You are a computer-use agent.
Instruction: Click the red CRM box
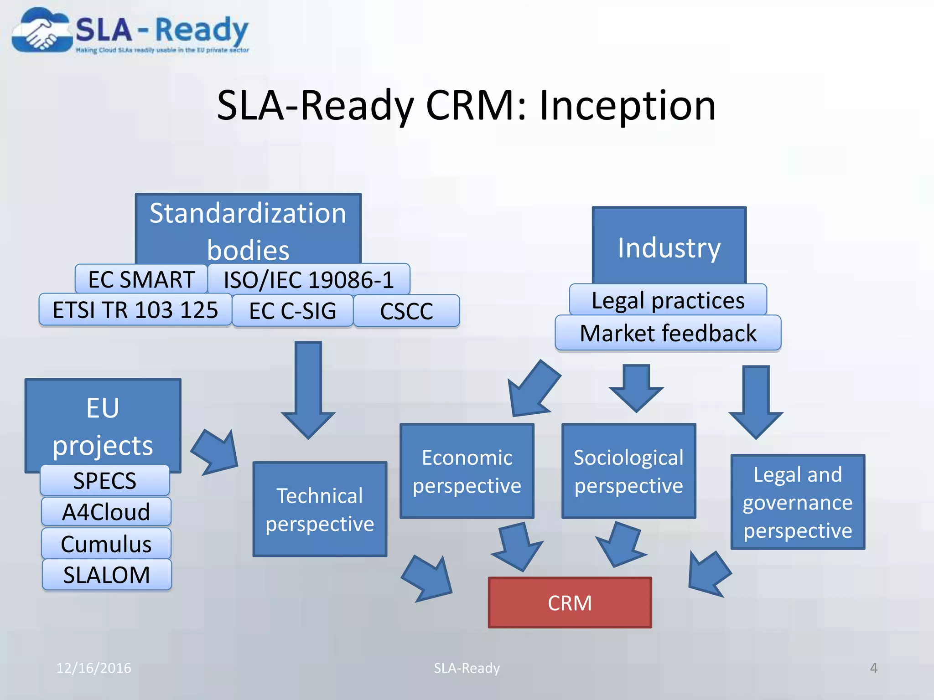point(570,603)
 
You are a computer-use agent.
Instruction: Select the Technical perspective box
point(320,509)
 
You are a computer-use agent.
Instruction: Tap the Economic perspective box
point(467,471)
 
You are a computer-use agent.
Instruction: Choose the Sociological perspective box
point(628,471)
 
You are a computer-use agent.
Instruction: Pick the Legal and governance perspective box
point(797,502)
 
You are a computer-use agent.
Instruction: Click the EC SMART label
point(141,279)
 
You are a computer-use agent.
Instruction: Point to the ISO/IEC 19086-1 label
point(309,279)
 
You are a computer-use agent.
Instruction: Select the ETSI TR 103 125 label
point(135,310)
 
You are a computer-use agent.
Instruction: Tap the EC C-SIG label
point(292,311)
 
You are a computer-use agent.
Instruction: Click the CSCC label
point(406,311)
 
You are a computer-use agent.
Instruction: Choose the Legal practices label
point(668,300)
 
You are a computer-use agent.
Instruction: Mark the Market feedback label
point(668,333)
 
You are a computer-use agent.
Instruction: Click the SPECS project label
point(105,480)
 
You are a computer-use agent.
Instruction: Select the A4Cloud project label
point(106,511)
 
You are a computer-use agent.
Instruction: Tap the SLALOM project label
point(107,574)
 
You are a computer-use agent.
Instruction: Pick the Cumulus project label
point(106,543)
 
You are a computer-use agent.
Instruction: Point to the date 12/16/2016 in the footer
point(93,668)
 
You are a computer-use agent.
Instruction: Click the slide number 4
point(873,668)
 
